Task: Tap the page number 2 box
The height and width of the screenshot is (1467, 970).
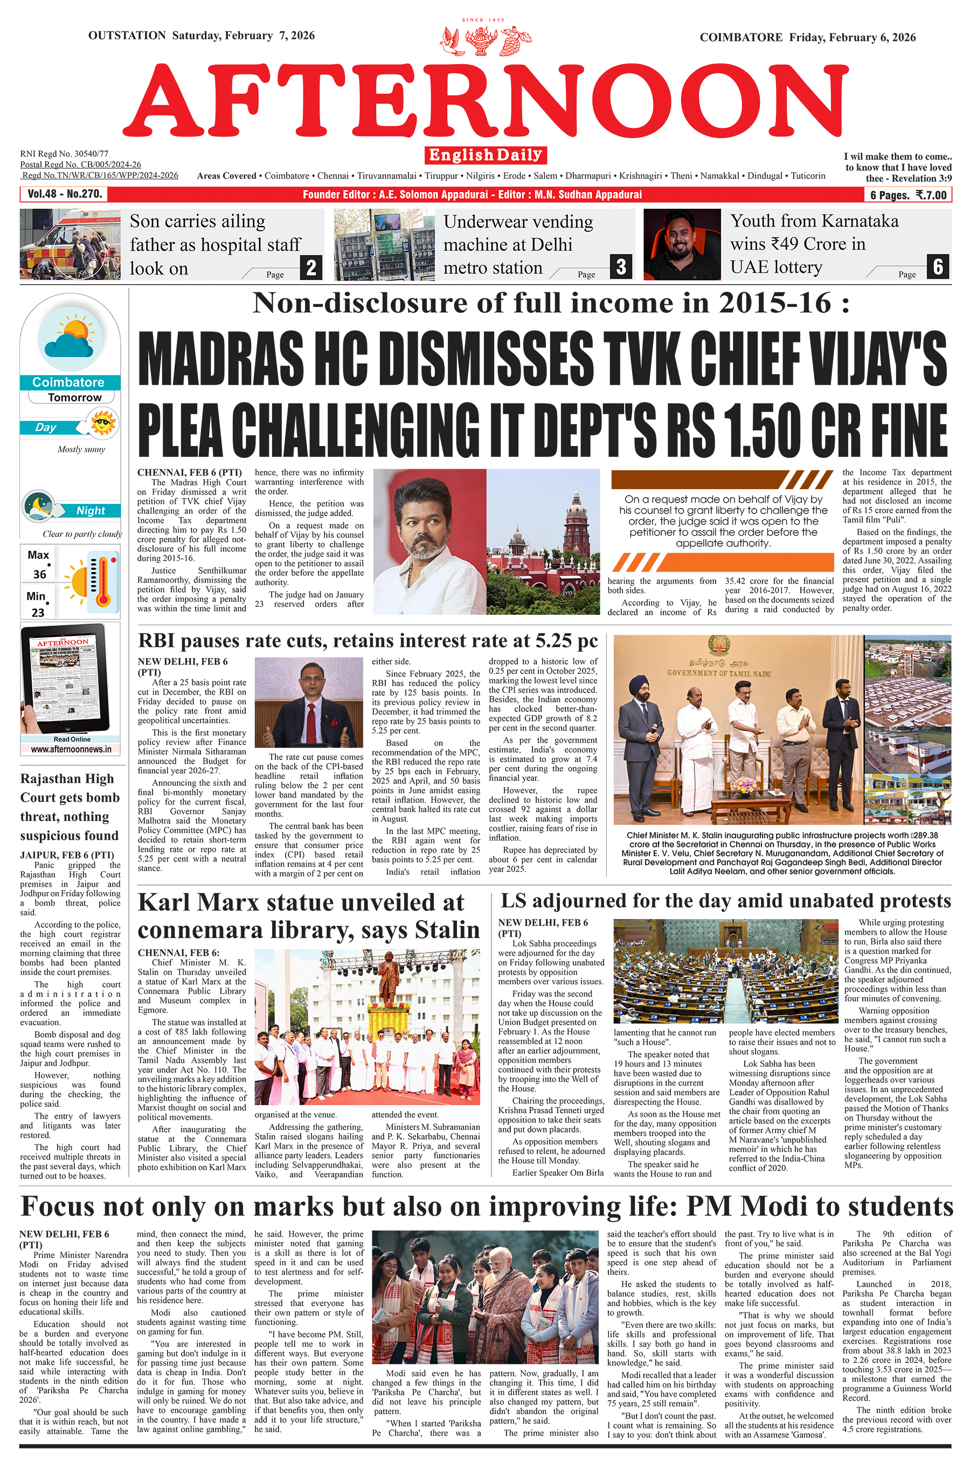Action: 311,268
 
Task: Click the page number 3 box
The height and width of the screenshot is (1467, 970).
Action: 620,267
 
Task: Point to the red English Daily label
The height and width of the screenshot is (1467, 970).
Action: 486,155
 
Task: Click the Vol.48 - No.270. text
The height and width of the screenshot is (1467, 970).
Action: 64,194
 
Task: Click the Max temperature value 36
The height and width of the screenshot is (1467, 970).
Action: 39,574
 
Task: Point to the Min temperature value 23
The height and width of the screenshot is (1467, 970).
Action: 38,612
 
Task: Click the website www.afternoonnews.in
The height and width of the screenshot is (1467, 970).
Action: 71,749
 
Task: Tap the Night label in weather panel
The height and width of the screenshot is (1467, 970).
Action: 91,511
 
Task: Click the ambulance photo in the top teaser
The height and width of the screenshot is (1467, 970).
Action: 70,244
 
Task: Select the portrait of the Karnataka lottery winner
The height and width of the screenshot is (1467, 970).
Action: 682,244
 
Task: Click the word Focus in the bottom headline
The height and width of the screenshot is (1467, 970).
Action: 57,1206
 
